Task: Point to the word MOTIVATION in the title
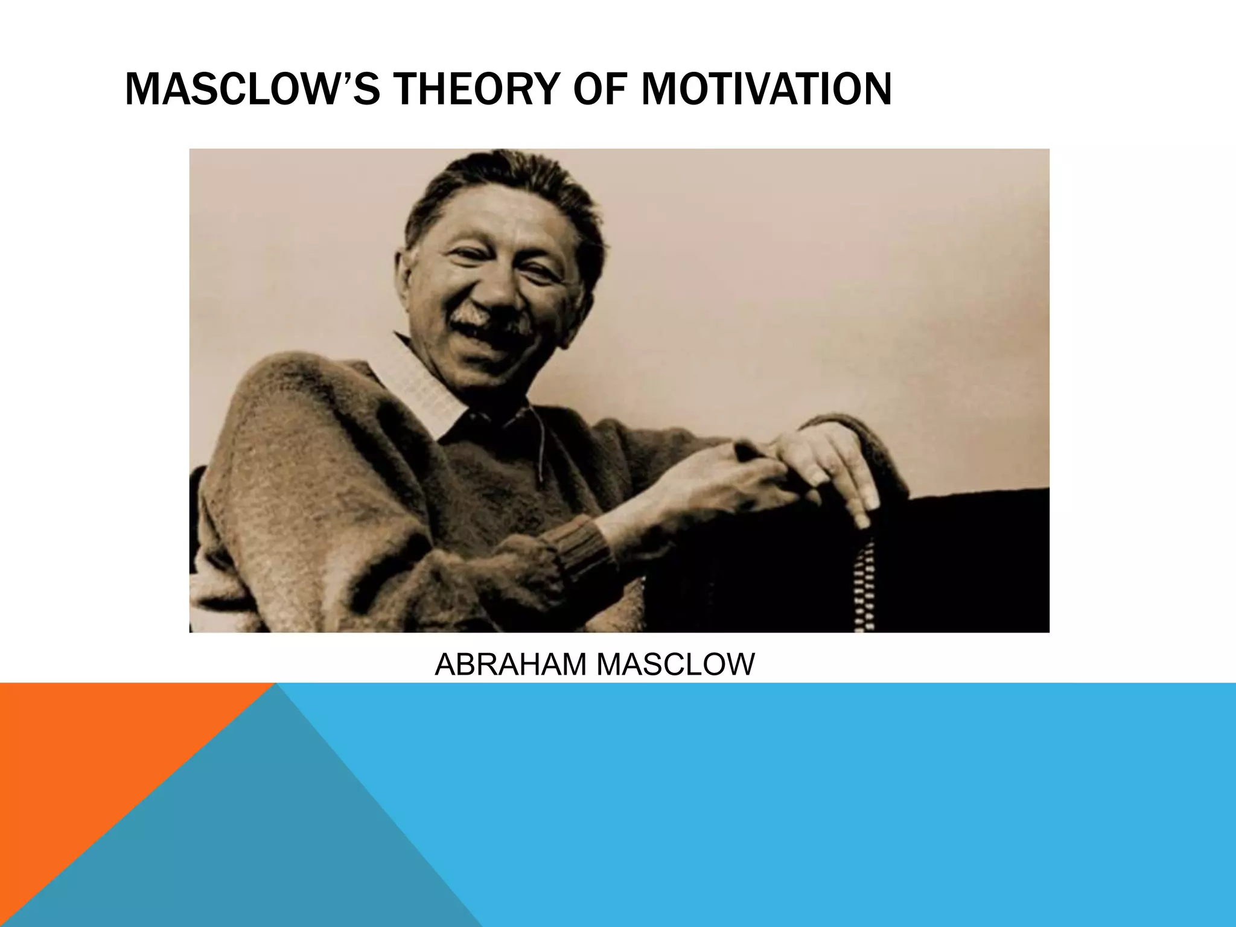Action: click(766, 89)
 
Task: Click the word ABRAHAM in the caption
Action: click(511, 664)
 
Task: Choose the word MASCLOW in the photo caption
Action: click(675, 664)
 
